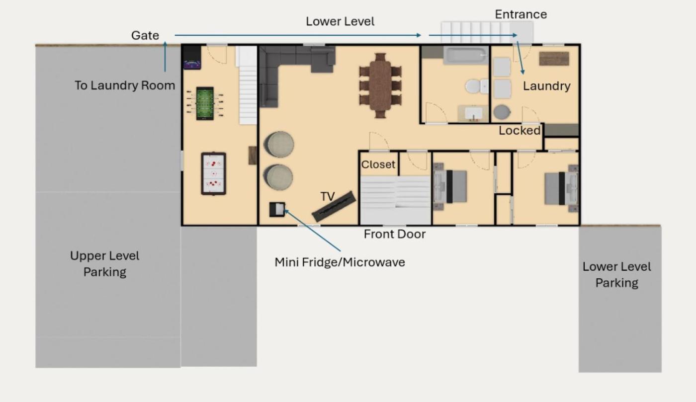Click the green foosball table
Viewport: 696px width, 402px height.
[205, 103]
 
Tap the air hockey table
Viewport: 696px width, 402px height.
[213, 173]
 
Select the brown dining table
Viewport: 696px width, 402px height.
[380, 86]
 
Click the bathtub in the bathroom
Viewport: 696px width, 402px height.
[465, 55]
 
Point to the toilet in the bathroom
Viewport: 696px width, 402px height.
[476, 86]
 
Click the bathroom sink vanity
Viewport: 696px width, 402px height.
[473, 113]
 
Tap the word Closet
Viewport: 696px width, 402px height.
[378, 164]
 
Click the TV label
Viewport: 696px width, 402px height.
[328, 196]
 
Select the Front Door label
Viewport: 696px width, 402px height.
[395, 234]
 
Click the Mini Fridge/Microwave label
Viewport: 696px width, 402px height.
[340, 262]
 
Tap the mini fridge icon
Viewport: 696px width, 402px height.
[277, 209]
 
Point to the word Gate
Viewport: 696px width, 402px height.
[145, 35]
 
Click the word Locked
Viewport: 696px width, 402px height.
[520, 131]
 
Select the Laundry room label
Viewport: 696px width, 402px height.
[546, 86]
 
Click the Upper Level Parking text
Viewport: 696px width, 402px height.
[105, 264]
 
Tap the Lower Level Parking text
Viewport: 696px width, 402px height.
[617, 275]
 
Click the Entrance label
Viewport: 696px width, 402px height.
[521, 14]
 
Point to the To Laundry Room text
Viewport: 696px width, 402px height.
[125, 85]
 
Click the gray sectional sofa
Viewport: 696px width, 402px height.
[289, 72]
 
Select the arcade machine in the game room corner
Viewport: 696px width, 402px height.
[192, 57]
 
